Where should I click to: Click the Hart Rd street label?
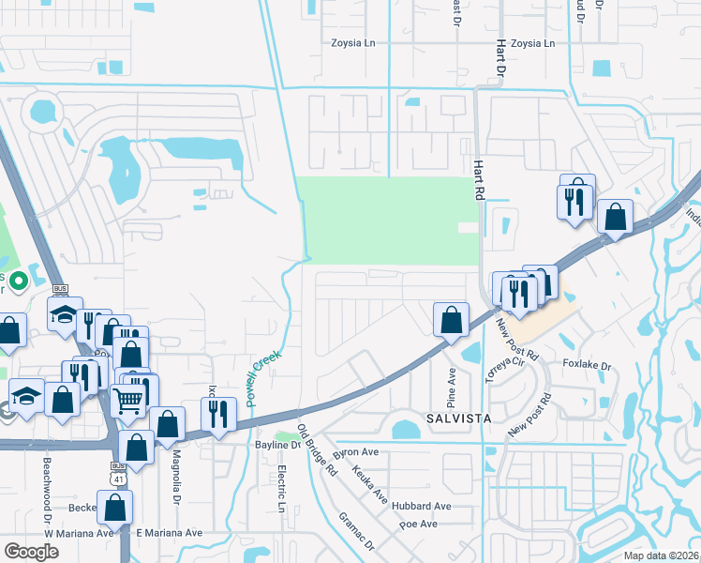point(478,179)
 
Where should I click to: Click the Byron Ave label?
point(356,451)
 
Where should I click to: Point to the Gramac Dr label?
point(356,530)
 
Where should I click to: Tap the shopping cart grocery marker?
point(129,401)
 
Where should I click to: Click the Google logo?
point(32,552)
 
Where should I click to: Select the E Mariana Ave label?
point(169,533)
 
